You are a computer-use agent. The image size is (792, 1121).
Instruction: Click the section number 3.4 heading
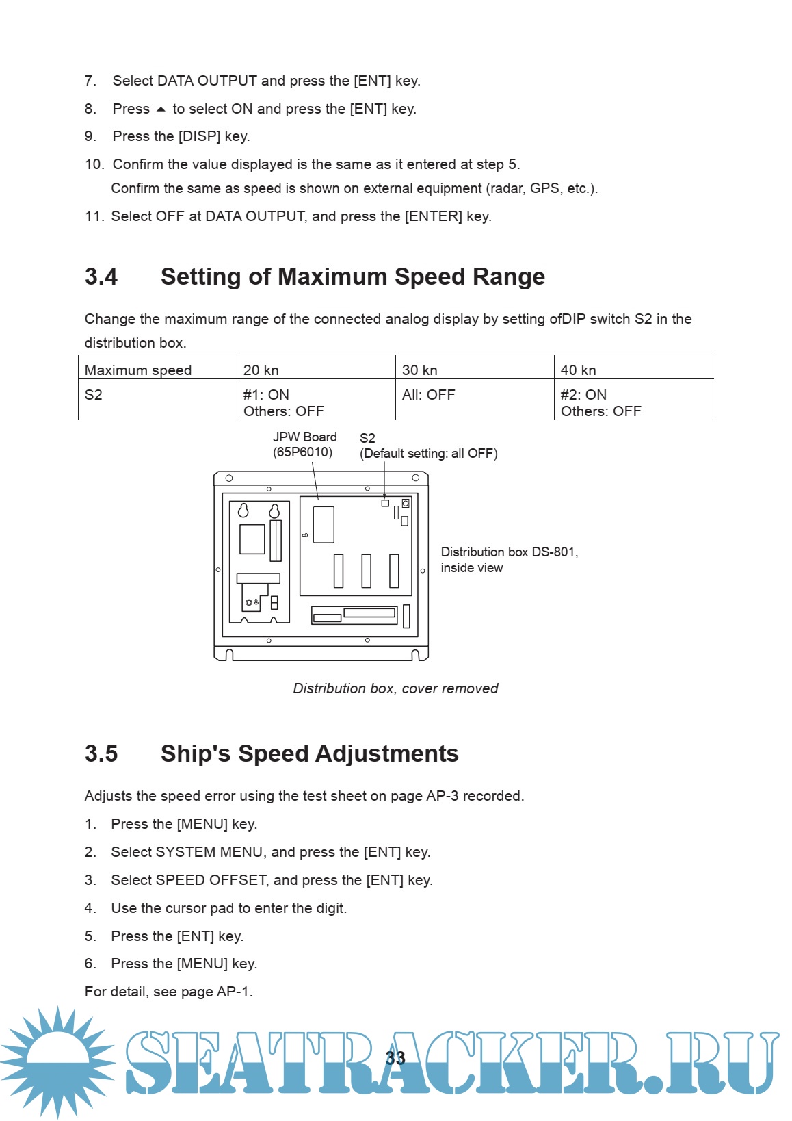pyautogui.click(x=101, y=276)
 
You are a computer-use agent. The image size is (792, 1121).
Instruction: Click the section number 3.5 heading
pyautogui.click(x=101, y=753)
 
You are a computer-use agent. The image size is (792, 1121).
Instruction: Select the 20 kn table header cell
pyautogui.click(x=261, y=370)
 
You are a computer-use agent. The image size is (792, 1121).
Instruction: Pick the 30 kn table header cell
pyautogui.click(x=420, y=370)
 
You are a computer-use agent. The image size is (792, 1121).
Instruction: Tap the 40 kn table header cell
pyautogui.click(x=579, y=370)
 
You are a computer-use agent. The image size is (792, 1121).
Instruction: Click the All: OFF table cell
pyautogui.click(x=429, y=395)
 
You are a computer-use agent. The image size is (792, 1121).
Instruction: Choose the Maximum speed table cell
pyautogui.click(x=138, y=370)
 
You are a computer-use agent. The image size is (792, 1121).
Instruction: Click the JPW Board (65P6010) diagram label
pyautogui.click(x=304, y=444)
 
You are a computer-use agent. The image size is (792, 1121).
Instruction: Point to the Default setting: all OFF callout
pyautogui.click(x=429, y=453)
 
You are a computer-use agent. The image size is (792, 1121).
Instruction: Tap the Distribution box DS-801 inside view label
pyautogui.click(x=509, y=559)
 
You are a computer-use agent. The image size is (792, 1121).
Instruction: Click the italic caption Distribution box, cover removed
pyautogui.click(x=395, y=688)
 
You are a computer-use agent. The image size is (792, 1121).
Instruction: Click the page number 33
pyautogui.click(x=395, y=1058)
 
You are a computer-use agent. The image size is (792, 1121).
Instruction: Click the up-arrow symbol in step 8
pyautogui.click(x=161, y=109)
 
